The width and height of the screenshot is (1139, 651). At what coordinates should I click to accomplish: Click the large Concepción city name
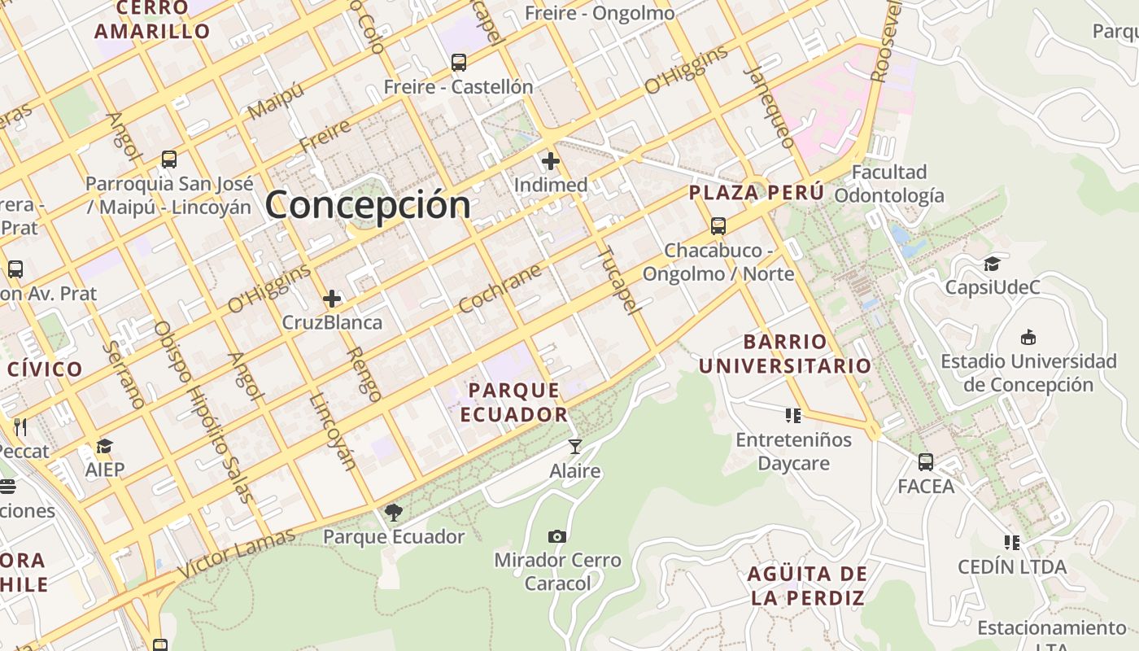pyautogui.click(x=368, y=203)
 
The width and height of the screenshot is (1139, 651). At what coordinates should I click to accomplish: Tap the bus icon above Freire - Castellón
pyautogui.click(x=459, y=62)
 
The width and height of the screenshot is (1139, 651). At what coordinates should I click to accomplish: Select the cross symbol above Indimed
pyautogui.click(x=551, y=161)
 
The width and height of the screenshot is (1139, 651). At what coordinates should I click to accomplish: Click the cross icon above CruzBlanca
pyautogui.click(x=332, y=299)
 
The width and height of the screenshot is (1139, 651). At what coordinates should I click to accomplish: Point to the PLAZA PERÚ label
pyautogui.click(x=757, y=193)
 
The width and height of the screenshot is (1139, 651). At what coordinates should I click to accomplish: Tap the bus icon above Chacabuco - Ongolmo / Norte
pyautogui.click(x=718, y=226)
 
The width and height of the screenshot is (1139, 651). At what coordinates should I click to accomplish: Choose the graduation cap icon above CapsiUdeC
pyautogui.click(x=992, y=264)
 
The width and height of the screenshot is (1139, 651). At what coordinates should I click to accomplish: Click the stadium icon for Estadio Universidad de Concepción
pyautogui.click(x=1028, y=337)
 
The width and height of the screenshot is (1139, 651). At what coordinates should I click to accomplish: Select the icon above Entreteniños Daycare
pyautogui.click(x=793, y=416)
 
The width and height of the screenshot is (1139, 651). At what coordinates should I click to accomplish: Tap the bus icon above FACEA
pyautogui.click(x=926, y=462)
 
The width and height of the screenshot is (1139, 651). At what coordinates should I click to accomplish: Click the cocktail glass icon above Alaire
pyautogui.click(x=575, y=447)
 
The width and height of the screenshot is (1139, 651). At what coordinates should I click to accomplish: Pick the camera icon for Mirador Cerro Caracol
pyautogui.click(x=557, y=536)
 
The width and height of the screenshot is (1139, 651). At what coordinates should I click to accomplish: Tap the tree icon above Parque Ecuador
pyautogui.click(x=394, y=512)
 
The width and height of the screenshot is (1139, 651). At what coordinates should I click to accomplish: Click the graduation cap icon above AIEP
pyautogui.click(x=104, y=446)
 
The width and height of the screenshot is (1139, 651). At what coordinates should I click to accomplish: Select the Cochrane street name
pyautogui.click(x=500, y=288)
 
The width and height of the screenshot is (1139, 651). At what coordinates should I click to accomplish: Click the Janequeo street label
pyautogui.click(x=769, y=106)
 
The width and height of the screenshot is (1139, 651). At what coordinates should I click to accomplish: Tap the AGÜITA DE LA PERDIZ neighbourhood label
pyautogui.click(x=807, y=586)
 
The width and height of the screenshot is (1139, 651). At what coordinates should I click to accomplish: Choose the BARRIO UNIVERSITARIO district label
pyautogui.click(x=785, y=353)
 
